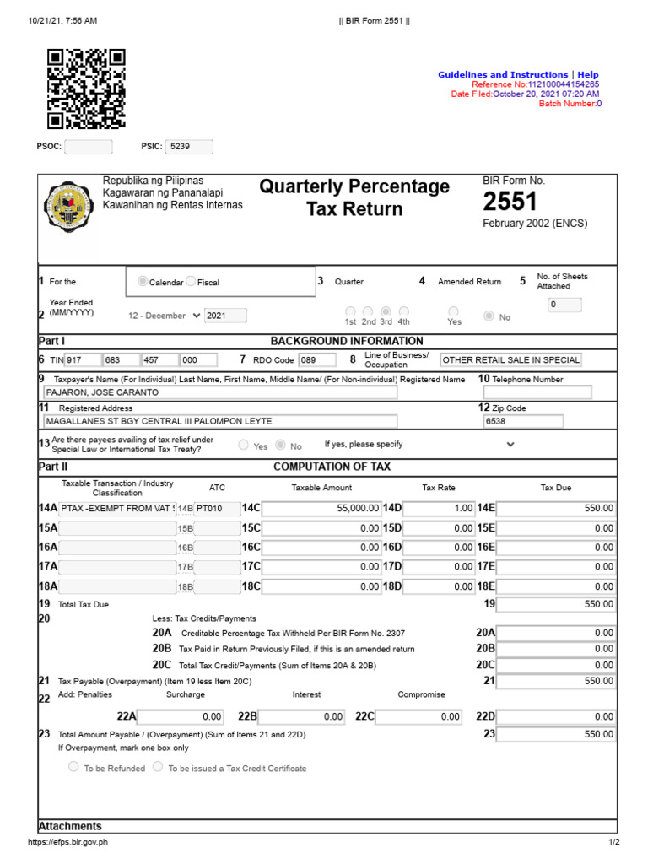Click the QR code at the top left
tap(86, 89)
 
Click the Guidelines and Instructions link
tap(502, 75)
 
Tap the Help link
tap(588, 75)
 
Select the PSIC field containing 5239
tap(189, 146)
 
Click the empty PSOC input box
tap(88, 146)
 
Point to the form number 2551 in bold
tap(510, 202)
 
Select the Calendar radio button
tap(143, 282)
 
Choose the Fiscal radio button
tap(191, 282)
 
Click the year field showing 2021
tap(225, 316)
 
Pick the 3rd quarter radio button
tap(386, 311)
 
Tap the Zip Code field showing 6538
tap(522, 420)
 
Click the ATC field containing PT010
tap(217, 509)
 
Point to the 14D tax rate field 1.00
tap(440, 509)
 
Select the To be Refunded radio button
tap(73, 768)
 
